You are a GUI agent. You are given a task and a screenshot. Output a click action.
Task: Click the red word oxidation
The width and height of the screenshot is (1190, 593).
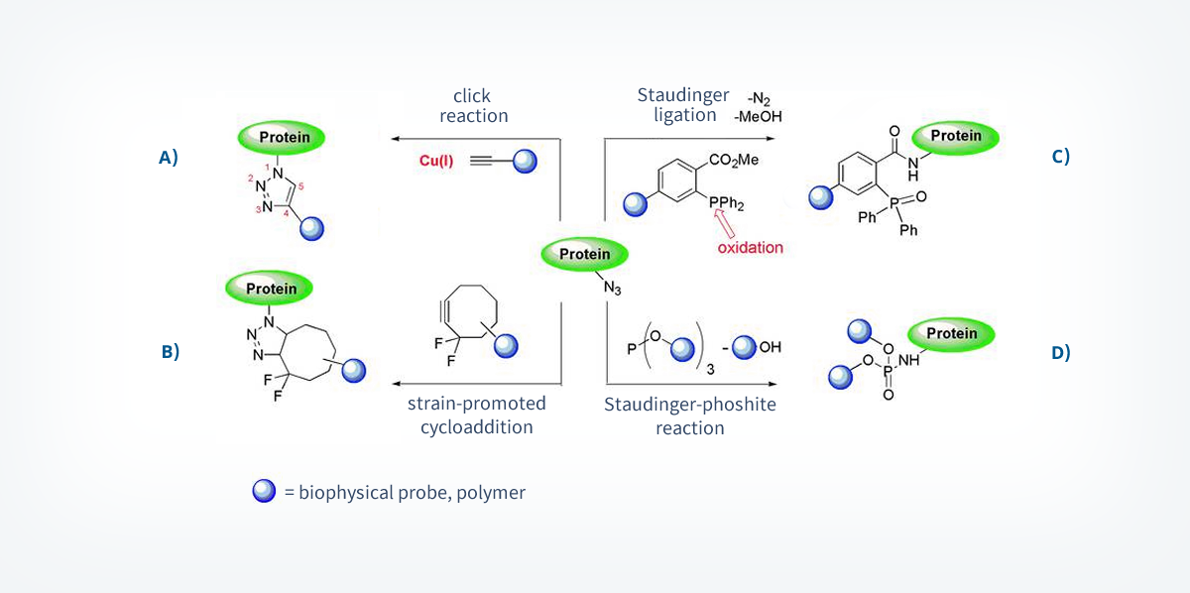tap(751, 247)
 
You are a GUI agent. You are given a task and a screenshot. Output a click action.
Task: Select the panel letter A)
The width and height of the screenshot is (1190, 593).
tap(168, 156)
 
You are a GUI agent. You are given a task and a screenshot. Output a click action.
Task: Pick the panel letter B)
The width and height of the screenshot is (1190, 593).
tap(169, 351)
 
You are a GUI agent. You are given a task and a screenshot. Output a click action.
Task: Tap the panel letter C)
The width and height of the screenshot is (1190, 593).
tap(1060, 156)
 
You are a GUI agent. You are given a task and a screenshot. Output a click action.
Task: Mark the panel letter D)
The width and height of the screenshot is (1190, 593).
tap(1060, 351)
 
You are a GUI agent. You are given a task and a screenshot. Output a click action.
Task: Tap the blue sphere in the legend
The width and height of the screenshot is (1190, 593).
tap(264, 491)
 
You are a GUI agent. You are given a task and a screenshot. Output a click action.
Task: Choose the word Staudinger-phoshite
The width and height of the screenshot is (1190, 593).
tap(690, 405)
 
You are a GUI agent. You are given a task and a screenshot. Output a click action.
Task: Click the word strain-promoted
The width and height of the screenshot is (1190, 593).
tap(476, 404)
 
